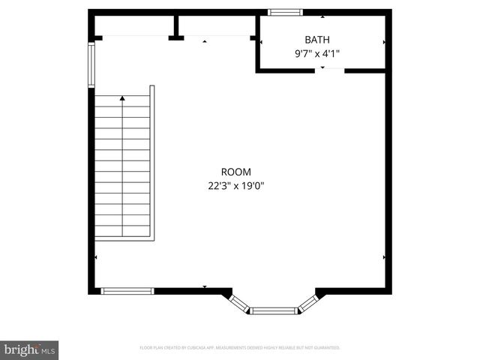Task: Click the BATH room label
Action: coord(316,39)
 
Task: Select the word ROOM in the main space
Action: coord(235,172)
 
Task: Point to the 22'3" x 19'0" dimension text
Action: coord(236,186)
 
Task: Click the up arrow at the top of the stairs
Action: coord(121,98)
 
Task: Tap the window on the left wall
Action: coord(91,64)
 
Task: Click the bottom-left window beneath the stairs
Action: coord(127,291)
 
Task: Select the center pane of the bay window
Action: coord(273,310)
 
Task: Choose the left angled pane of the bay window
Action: coord(239,302)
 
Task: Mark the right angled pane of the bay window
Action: coord(307,302)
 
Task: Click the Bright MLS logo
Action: coord(30,349)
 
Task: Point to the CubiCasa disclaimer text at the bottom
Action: coord(240,348)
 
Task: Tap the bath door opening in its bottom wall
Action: coord(323,70)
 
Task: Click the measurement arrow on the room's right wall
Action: coord(384,257)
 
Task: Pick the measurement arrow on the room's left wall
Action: coord(96,257)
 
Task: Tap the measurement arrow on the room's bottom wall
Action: coord(205,286)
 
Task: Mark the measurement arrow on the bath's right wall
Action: coord(384,43)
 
